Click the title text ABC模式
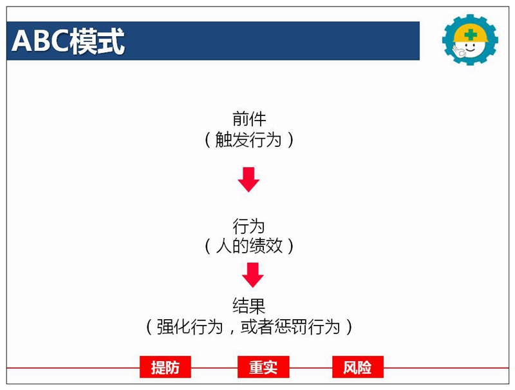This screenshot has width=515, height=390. click(x=68, y=41)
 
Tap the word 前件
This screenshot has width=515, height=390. click(x=249, y=119)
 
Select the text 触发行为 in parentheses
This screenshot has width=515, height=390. click(x=248, y=140)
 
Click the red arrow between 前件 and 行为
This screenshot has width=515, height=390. click(x=248, y=180)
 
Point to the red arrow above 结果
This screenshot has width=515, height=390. click(x=252, y=275)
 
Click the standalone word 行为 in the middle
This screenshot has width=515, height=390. click(x=248, y=226)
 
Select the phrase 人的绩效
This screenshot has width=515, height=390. click(x=249, y=246)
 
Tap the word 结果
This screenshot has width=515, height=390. click(x=248, y=306)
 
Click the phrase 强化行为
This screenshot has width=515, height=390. click(x=189, y=327)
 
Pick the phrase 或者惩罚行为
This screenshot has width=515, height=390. click(x=290, y=327)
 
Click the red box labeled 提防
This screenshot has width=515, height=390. click(x=165, y=367)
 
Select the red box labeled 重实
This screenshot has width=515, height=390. click(x=263, y=367)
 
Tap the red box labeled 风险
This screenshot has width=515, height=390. click(x=358, y=367)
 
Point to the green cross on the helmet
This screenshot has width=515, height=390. click(x=471, y=35)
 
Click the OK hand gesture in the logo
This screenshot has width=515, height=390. click(x=459, y=52)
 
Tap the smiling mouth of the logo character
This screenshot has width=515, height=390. click(x=471, y=50)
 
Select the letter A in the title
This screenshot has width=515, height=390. click(x=21, y=41)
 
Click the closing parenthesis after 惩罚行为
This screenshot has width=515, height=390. click(x=349, y=327)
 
